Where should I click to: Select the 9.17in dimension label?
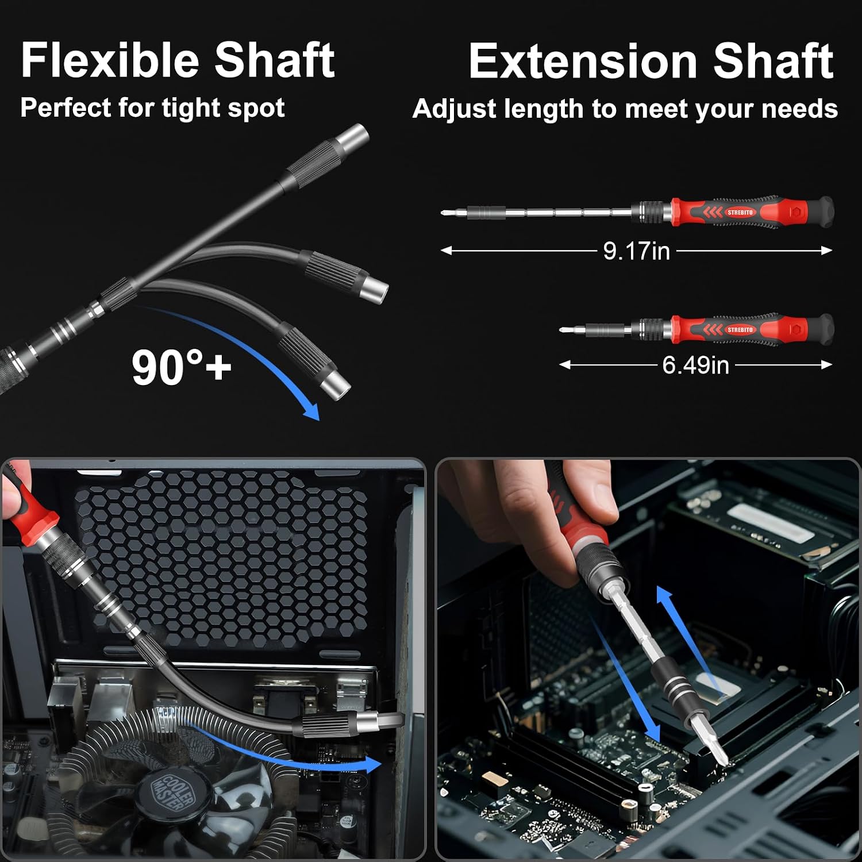click(637, 251)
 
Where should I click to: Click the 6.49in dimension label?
click(695, 365)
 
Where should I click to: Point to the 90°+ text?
click(181, 367)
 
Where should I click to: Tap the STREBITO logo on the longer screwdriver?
click(740, 212)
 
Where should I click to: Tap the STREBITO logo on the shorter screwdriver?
click(740, 329)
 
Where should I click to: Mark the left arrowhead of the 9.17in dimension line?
click(446, 251)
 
